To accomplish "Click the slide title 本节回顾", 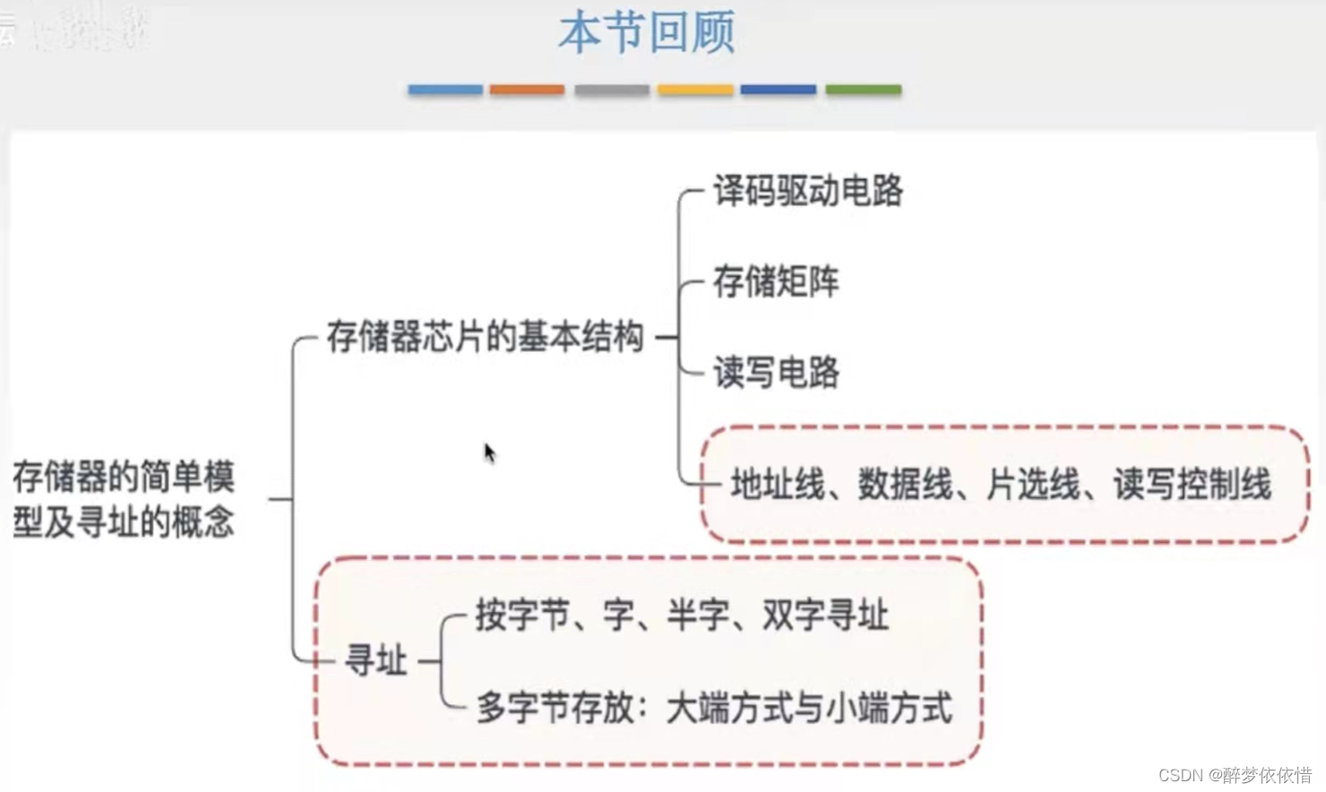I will click(x=646, y=33).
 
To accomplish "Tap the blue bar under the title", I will click(x=445, y=90).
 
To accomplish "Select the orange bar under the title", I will click(x=527, y=90).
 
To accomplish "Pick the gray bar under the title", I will click(x=611, y=90).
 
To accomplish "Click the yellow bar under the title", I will click(x=694, y=90).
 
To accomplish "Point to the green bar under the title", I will click(x=863, y=90).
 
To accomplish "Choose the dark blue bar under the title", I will click(x=778, y=90).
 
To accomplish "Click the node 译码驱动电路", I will click(x=807, y=191).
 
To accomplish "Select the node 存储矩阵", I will click(x=776, y=281).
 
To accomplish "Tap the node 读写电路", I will click(x=776, y=372).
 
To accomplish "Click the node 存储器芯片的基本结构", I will click(x=485, y=337).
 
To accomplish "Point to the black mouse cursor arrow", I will click(x=489, y=452).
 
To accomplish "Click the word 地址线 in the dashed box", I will click(x=777, y=485).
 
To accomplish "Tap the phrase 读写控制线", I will click(x=1193, y=485).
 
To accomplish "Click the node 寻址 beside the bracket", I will click(x=376, y=661).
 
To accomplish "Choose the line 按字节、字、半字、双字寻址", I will click(x=682, y=616).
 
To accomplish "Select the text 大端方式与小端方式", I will click(x=809, y=708).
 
